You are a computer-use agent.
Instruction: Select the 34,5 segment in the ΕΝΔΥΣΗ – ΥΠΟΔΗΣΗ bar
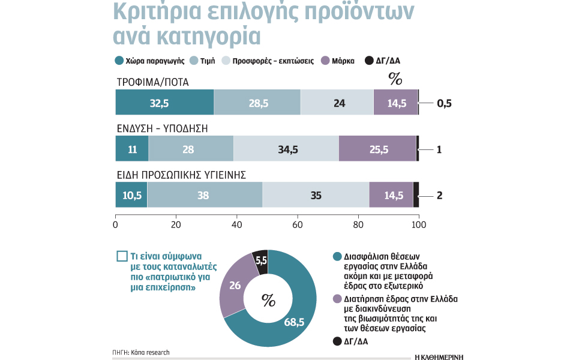286,149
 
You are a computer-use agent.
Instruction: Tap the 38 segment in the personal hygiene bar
205,196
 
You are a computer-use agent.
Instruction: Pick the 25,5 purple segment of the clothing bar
377,149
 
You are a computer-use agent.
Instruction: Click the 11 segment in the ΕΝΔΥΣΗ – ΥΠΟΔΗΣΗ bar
131,149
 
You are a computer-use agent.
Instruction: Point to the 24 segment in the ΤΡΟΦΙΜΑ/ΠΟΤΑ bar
337,103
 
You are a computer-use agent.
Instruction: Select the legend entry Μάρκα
339,61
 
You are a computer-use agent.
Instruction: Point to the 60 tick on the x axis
297,225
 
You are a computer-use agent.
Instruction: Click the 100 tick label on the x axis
418,225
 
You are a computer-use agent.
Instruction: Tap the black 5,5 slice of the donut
261,261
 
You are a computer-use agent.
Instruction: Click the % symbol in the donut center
268,298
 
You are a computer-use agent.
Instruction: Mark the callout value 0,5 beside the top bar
443,103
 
